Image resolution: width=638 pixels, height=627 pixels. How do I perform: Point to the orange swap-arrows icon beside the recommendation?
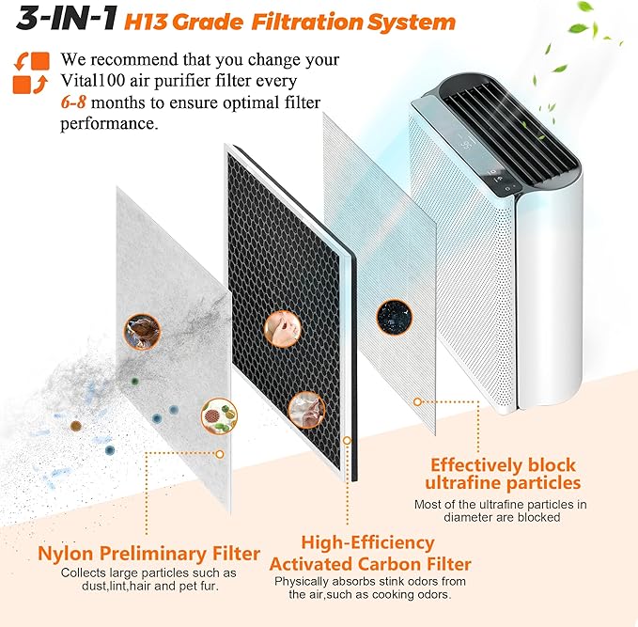tap(30, 72)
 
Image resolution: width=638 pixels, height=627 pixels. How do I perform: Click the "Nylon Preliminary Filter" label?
tap(148, 552)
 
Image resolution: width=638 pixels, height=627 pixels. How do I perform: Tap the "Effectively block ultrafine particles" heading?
tap(502, 474)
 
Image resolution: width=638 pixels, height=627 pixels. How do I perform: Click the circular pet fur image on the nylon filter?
tap(142, 329)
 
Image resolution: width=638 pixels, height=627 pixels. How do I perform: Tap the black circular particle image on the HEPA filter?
tap(392, 317)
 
